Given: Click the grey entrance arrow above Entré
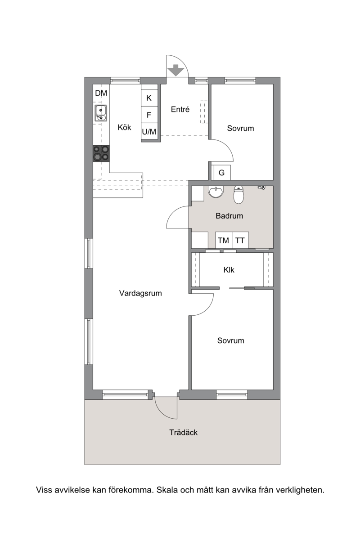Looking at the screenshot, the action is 175,70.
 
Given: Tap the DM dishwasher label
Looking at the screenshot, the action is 101,93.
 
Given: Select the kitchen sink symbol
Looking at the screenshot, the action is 101,113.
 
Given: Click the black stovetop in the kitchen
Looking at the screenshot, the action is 101,153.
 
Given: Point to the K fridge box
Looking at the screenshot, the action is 149,98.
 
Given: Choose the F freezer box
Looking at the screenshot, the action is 149,115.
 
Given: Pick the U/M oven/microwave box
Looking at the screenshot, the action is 149,132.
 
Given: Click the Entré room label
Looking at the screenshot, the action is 180,109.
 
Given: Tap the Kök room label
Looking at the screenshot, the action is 124,127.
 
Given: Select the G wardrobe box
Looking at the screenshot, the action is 222,173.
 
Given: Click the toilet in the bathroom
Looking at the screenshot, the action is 238,195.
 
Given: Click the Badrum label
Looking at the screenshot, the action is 229,216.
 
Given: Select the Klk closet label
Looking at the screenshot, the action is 229,270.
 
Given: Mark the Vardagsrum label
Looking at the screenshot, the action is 140,293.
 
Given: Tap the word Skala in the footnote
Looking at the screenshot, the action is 167,490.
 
